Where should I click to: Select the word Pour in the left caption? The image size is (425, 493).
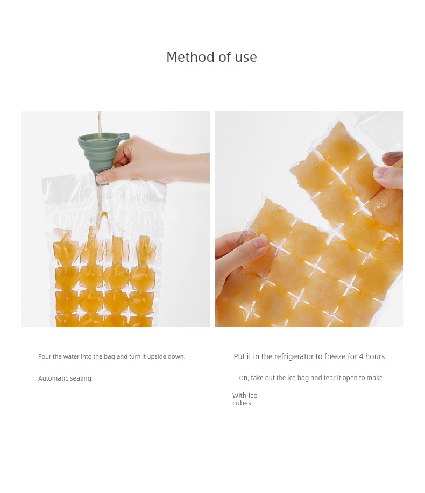click(x=44, y=356)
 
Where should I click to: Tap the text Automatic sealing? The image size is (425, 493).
click(x=65, y=378)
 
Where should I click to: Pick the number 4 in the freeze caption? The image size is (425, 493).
click(x=361, y=356)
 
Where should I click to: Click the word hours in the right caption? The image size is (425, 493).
click(x=376, y=356)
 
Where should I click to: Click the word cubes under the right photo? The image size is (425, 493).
click(x=242, y=403)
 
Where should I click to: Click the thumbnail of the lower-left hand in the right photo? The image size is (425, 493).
click(x=260, y=242)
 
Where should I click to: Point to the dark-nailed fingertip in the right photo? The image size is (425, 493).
click(x=393, y=157)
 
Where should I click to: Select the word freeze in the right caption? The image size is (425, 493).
click(x=335, y=356)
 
